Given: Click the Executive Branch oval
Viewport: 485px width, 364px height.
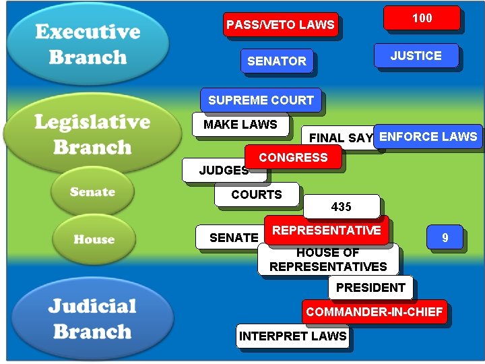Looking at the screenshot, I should click(88, 44).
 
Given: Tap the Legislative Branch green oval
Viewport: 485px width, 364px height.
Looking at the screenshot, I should click(92, 134).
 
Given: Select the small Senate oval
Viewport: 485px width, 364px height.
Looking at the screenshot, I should click(92, 192).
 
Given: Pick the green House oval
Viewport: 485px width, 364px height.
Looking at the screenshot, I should click(94, 239).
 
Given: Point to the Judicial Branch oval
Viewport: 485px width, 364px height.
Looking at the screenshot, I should click(92, 318).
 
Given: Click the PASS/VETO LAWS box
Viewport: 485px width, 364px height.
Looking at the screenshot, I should click(280, 25).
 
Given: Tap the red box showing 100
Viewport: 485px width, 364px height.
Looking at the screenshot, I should click(422, 18).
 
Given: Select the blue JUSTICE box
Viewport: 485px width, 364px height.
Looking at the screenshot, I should click(416, 56).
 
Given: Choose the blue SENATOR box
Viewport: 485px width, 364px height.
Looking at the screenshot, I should click(276, 61).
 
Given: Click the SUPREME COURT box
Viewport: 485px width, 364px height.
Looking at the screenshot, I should click(261, 100).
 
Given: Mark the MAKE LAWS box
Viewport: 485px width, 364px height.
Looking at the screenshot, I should click(240, 125).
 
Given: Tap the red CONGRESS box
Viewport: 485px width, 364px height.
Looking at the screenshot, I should click(293, 157).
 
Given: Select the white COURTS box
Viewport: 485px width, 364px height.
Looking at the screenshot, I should click(256, 195).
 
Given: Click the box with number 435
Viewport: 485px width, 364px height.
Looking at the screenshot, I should click(341, 207).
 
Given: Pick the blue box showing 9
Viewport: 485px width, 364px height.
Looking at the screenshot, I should click(445, 237).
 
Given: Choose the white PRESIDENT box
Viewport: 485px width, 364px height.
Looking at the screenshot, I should click(370, 288).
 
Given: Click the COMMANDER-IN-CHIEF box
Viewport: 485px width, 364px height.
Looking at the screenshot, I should click(374, 311).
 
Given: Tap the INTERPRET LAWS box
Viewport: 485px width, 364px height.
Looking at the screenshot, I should click(292, 336).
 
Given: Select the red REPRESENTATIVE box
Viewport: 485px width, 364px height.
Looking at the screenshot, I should click(326, 230).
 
